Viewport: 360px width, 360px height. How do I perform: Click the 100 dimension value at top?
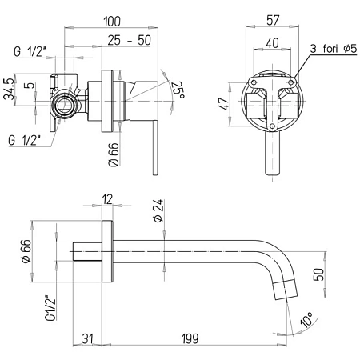click(112, 22)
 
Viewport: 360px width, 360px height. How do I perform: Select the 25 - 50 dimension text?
click(130, 40)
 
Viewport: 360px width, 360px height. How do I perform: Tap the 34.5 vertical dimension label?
click(9, 89)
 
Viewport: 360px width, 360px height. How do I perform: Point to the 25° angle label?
click(178, 90)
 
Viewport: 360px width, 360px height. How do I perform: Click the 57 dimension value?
click(273, 20)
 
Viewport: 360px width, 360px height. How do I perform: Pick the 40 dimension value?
click(272, 43)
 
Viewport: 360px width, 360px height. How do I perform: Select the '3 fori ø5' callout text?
click(334, 49)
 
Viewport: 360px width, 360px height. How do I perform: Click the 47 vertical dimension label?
click(223, 104)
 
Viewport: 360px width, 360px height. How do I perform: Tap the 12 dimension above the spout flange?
click(107, 199)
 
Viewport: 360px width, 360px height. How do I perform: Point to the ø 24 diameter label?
click(158, 210)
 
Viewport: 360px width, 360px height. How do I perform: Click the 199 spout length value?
click(190, 338)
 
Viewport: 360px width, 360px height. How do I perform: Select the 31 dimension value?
click(87, 338)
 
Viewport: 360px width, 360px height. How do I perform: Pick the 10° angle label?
click(306, 319)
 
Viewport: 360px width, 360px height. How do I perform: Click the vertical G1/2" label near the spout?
click(50, 307)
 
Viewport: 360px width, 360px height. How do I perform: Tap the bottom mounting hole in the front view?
click(272, 126)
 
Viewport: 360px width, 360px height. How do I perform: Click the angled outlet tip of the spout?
click(286, 290)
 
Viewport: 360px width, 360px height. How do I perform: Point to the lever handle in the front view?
click(272, 154)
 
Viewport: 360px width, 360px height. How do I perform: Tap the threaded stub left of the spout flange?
click(87, 251)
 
